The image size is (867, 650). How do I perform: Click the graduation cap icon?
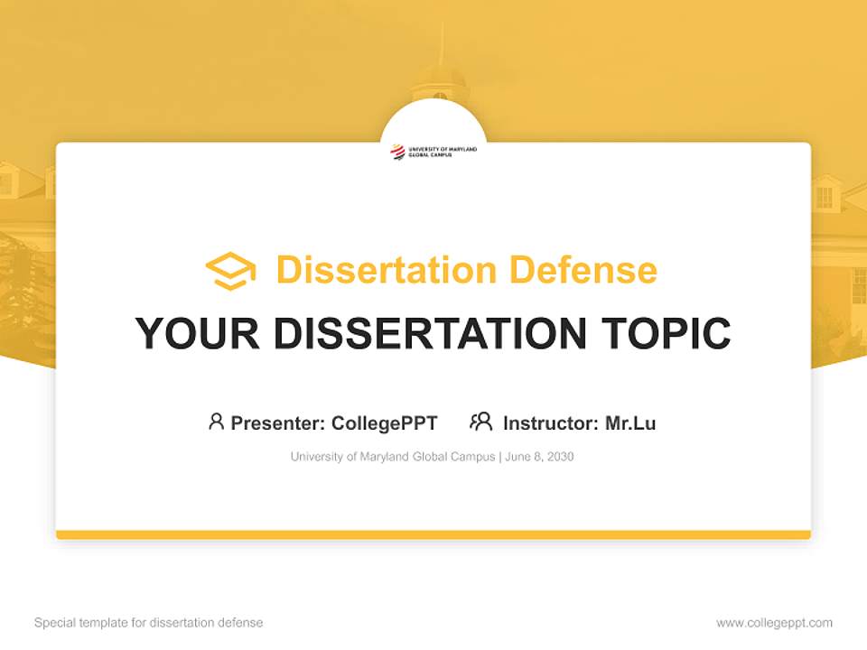point(230,271)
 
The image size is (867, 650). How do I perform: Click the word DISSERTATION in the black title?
point(427,334)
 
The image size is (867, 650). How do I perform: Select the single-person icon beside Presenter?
point(216,422)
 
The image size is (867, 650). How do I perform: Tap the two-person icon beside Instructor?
point(481,422)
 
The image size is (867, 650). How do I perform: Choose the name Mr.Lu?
point(630,423)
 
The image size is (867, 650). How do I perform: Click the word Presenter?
point(278,423)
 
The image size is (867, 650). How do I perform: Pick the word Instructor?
point(550,423)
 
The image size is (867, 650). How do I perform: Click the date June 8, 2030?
point(539,457)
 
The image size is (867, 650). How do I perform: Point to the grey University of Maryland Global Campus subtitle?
point(392,457)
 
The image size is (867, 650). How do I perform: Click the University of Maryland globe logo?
point(397,152)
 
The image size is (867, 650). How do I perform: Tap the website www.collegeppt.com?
point(774,623)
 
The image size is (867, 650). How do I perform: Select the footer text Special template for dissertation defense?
point(148,623)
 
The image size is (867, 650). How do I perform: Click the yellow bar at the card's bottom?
point(433,534)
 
